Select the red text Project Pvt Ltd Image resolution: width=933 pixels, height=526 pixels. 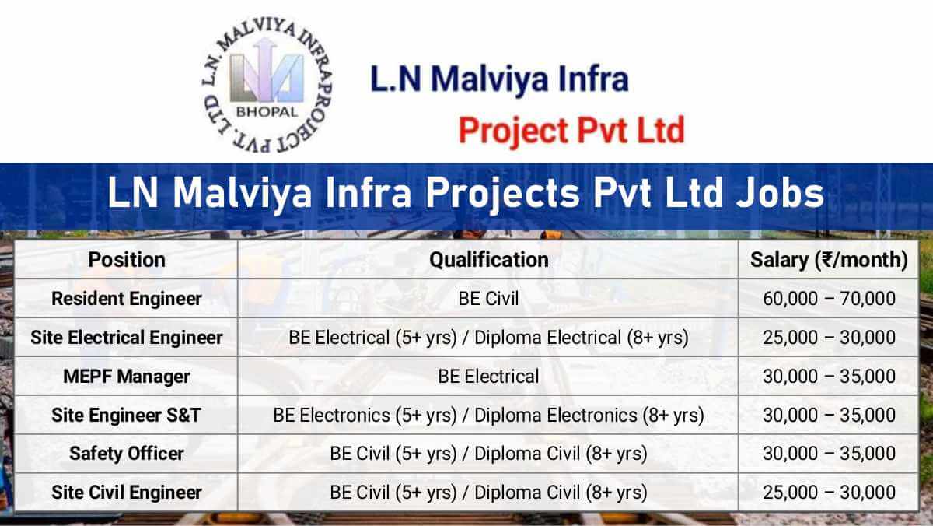[571, 130]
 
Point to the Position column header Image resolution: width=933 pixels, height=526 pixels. [127, 259]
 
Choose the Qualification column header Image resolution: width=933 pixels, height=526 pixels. [489, 259]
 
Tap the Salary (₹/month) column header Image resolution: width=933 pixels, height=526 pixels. [829, 259]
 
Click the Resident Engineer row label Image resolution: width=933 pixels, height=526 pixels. [127, 298]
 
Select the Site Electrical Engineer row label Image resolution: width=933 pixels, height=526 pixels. [127, 338]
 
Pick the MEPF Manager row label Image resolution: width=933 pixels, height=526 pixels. [127, 377]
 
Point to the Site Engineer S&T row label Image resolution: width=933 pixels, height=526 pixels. [127, 416]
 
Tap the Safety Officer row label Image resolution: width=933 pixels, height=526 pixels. [127, 454]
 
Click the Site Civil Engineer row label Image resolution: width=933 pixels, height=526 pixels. [127, 493]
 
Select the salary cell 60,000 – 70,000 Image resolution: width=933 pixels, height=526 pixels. [829, 298]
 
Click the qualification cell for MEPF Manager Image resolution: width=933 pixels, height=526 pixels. [488, 377]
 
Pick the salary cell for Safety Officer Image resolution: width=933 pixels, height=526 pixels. [829, 454]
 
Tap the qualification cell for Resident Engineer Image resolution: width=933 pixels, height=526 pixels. [488, 298]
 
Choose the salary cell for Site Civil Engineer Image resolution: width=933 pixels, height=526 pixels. [829, 493]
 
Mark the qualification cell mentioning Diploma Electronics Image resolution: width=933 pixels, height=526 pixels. [488, 416]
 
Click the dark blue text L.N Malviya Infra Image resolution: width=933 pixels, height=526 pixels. [499, 79]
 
